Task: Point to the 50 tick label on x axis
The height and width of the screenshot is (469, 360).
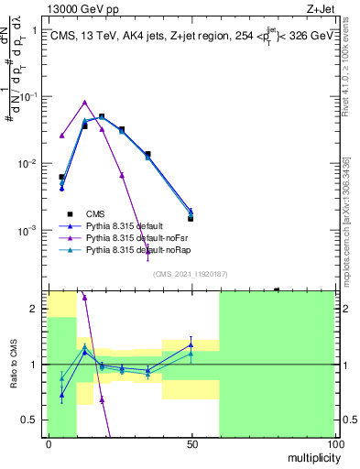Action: pyautogui.click(x=191, y=444)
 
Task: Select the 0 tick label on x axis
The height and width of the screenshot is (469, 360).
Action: pyautogui.click(x=48, y=444)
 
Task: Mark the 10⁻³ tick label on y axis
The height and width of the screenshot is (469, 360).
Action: pyautogui.click(x=28, y=230)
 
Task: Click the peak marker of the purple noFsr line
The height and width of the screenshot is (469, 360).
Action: pyautogui.click(x=84, y=103)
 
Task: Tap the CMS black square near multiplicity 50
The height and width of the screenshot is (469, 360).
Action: pyautogui.click(x=191, y=219)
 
